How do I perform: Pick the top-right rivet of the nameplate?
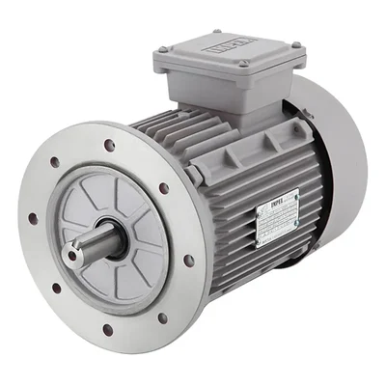tap(295, 192)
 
